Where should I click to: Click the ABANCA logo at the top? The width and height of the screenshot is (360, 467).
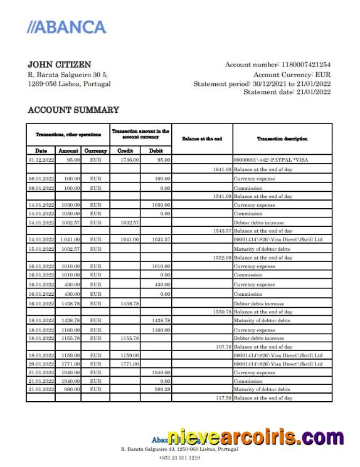tap(67, 27)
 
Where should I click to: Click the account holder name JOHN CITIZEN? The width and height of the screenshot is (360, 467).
tap(60, 65)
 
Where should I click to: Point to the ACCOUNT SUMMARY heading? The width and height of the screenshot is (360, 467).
tap(73, 110)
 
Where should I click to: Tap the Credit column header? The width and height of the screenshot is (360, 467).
tap(125, 150)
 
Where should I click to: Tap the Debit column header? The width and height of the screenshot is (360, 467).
tap(156, 150)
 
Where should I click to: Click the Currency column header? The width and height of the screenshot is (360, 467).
tap(95, 150)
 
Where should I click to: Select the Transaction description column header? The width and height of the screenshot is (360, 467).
tap(282, 139)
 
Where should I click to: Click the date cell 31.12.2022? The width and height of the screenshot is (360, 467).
tap(41, 160)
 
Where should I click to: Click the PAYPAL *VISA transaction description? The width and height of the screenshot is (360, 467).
tap(270, 160)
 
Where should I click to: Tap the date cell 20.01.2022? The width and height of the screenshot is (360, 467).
tap(41, 364)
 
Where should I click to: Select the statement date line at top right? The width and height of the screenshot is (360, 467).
tap(287, 92)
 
